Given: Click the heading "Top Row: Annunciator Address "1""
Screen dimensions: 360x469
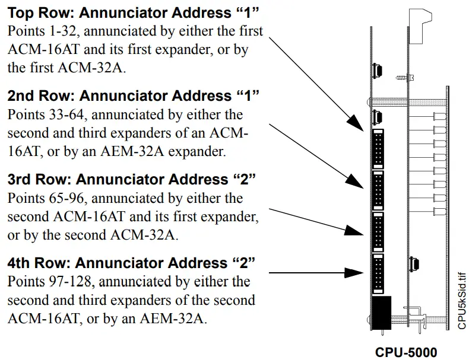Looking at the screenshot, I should point(134,13).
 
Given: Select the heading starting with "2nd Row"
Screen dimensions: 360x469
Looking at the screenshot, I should point(134,95).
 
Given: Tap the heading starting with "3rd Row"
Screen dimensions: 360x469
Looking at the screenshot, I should point(134,179).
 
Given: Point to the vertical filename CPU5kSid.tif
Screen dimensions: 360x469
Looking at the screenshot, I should point(461,300).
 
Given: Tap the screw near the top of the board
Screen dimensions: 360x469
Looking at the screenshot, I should point(402,77).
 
